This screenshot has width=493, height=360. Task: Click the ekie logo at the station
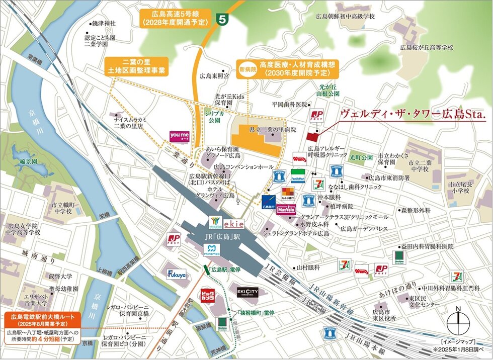[233, 223]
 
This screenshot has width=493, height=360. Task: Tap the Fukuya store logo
[177, 275]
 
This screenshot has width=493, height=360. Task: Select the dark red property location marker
[312, 136]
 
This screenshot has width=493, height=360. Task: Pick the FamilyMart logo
[298, 176]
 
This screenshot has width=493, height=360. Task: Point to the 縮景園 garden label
[26, 161]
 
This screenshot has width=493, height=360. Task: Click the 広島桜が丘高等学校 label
[427, 47]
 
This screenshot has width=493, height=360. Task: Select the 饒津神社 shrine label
[104, 23]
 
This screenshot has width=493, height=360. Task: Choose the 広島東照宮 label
[214, 76]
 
